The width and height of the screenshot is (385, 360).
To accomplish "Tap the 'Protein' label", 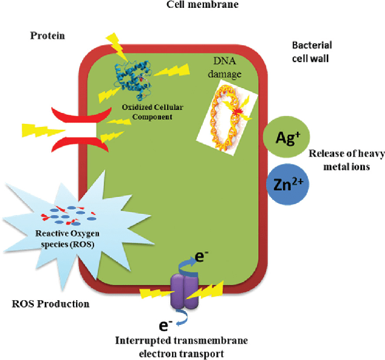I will pyautogui.click(x=47, y=36).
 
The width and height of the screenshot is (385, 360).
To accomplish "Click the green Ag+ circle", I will pyautogui.click(x=282, y=138).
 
